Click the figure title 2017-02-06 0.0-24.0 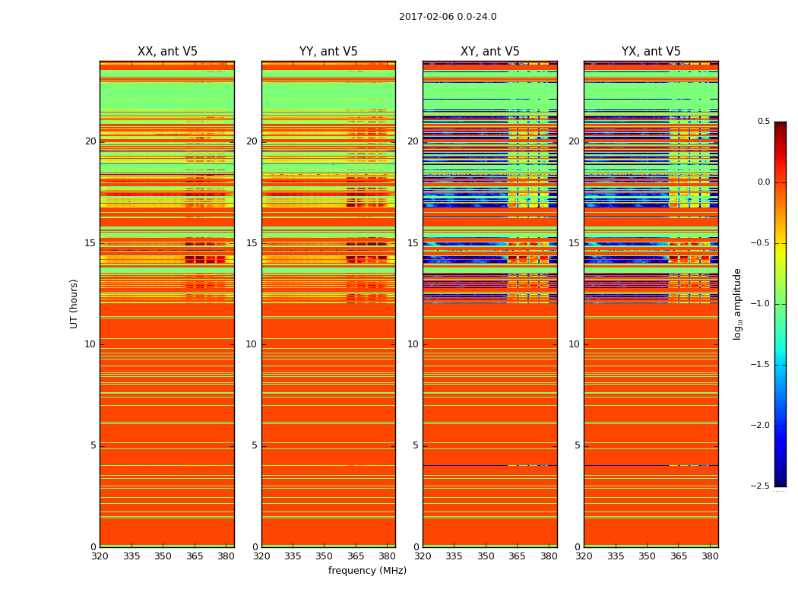[448, 17]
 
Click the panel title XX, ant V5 [167, 52]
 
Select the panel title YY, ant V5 [328, 52]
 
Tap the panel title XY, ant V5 [490, 52]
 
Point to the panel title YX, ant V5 [651, 52]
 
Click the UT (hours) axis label [74, 303]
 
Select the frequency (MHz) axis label [367, 571]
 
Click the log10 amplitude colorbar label [737, 304]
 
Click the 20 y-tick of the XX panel [90, 141]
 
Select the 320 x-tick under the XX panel [100, 556]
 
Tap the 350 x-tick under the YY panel [325, 556]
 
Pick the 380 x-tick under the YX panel [710, 556]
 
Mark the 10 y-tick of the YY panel [252, 344]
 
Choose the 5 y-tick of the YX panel [577, 445]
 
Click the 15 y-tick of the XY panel [413, 243]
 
